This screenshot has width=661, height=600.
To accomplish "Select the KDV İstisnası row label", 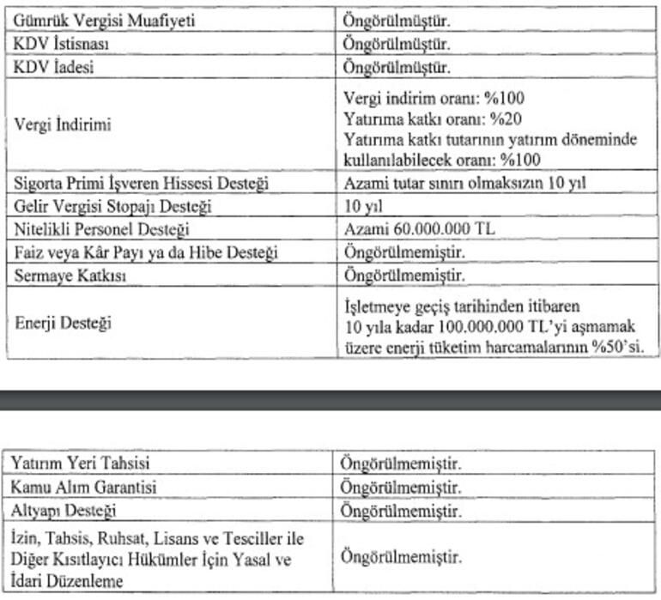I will point(61,43).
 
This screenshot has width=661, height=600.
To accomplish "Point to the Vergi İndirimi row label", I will point(62,124).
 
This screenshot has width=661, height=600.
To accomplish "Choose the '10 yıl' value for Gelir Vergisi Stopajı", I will point(362,207).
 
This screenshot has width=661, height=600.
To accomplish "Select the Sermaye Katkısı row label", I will point(68,276).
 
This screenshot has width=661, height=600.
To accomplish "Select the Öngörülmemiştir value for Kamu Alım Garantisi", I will point(403,487).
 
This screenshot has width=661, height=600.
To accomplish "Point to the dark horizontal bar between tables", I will point(330,399).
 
